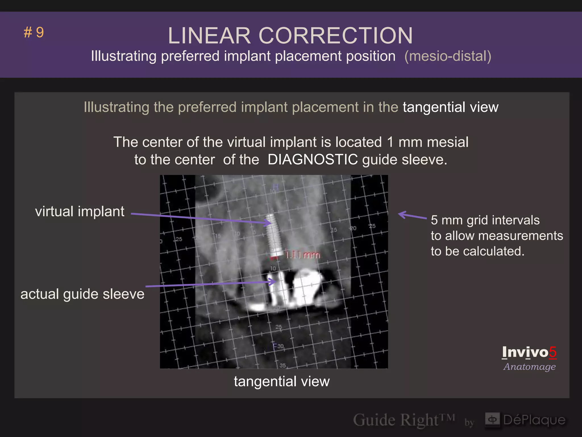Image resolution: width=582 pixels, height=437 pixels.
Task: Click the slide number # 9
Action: [34, 32]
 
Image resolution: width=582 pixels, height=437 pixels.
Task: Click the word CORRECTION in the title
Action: [335, 36]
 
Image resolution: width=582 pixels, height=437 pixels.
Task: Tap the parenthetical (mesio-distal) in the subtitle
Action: [448, 56]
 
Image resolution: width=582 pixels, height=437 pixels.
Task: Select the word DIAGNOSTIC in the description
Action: [313, 159]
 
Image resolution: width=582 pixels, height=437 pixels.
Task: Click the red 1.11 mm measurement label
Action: [302, 255]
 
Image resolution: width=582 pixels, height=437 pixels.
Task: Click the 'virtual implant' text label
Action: [80, 211]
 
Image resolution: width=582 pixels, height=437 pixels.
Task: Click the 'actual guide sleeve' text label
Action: [82, 294]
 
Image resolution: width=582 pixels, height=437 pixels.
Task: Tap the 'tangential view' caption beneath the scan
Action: [282, 381]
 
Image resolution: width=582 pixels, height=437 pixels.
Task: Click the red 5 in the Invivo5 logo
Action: [552, 352]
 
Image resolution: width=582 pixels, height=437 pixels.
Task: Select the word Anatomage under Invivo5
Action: [529, 366]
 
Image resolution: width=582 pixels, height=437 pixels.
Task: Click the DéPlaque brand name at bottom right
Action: [534, 420]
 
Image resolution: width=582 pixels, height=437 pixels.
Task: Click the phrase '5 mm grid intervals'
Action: [485, 220]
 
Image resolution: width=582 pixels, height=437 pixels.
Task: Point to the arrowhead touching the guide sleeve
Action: [273, 282]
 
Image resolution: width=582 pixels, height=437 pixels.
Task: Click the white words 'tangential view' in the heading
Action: [450, 107]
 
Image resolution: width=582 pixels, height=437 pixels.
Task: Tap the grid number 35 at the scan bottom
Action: [282, 365]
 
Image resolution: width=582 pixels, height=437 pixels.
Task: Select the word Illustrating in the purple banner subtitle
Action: [124, 56]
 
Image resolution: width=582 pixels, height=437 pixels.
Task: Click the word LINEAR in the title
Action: [209, 36]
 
